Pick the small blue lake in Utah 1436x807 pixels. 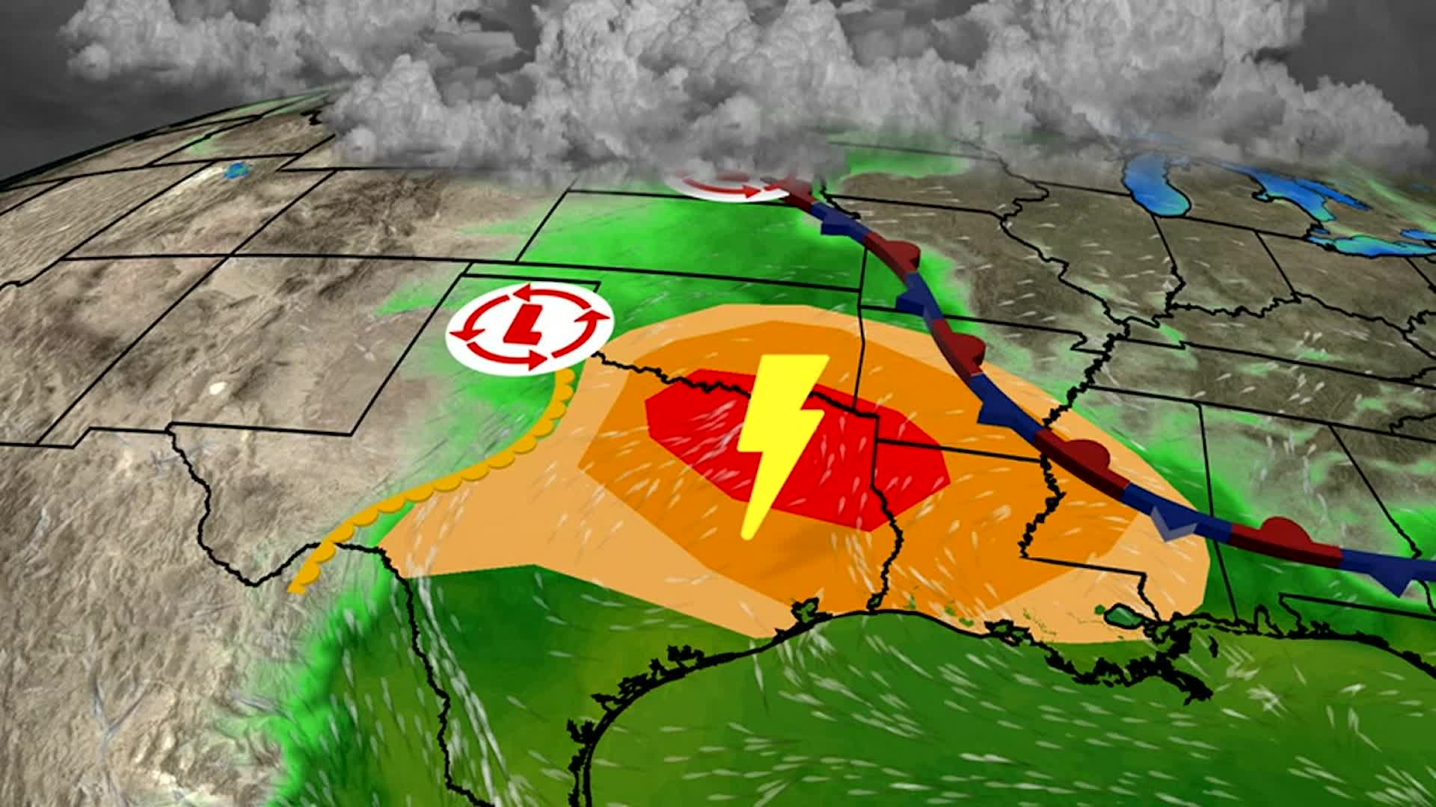click(237, 171)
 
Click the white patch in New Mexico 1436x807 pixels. click(217, 388)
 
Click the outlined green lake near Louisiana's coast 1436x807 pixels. click(1122, 617)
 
